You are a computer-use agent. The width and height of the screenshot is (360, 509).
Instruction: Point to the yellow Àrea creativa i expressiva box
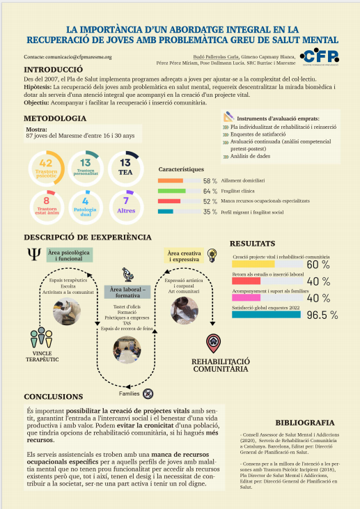185,256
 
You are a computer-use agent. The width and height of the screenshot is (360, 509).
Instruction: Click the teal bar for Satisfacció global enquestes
266,314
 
